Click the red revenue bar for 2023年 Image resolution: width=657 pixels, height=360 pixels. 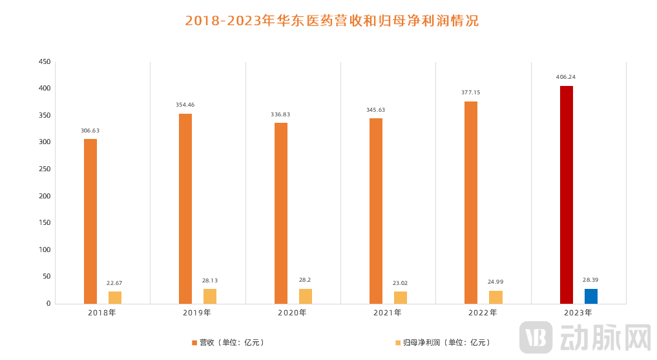pyautogui.click(x=566, y=195)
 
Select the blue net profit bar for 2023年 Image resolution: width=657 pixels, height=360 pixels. pyautogui.click(x=591, y=296)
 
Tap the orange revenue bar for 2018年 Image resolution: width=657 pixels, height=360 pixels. pyautogui.click(x=90, y=221)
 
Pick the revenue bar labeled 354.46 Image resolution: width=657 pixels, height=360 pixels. pyautogui.click(x=185, y=209)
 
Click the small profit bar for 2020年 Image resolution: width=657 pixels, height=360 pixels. pyautogui.click(x=305, y=296)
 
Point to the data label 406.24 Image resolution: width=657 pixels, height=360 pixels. pyautogui.click(x=565, y=77)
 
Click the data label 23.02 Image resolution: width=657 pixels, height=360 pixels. pyautogui.click(x=401, y=283)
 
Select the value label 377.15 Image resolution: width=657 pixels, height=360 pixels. pyautogui.click(x=470, y=92)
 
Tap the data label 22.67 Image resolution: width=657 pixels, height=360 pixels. pyautogui.click(x=115, y=283)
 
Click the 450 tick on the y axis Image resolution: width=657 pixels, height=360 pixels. pyautogui.click(x=44, y=62)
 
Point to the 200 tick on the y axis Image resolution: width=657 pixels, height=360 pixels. pyautogui.click(x=44, y=196)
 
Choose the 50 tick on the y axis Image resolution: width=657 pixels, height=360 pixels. pyautogui.click(x=46, y=277)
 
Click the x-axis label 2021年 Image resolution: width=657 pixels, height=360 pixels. pyautogui.click(x=388, y=313)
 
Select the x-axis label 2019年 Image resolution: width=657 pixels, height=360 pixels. pyautogui.click(x=197, y=313)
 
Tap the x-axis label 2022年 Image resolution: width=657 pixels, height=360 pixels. pyautogui.click(x=483, y=313)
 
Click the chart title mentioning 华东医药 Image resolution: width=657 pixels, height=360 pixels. pyautogui.click(x=331, y=21)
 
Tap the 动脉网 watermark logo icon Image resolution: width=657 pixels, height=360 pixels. pyautogui.click(x=536, y=337)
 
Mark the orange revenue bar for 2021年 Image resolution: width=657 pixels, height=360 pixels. pyautogui.click(x=376, y=211)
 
